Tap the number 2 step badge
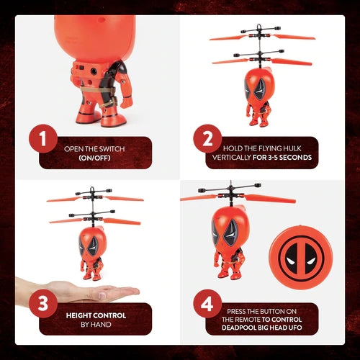207,138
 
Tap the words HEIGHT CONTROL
96,315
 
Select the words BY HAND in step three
96,325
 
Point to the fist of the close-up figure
127,102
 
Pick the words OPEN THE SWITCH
94,148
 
